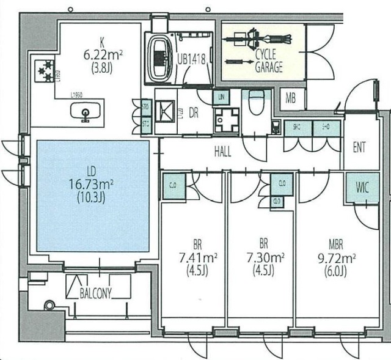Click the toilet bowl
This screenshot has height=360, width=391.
(x=257, y=98)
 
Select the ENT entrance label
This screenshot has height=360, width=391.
(x=360, y=147)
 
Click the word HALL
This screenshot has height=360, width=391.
(x=222, y=152)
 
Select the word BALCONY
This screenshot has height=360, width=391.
(x=95, y=293)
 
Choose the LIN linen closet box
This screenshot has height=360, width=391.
(x=220, y=97)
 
